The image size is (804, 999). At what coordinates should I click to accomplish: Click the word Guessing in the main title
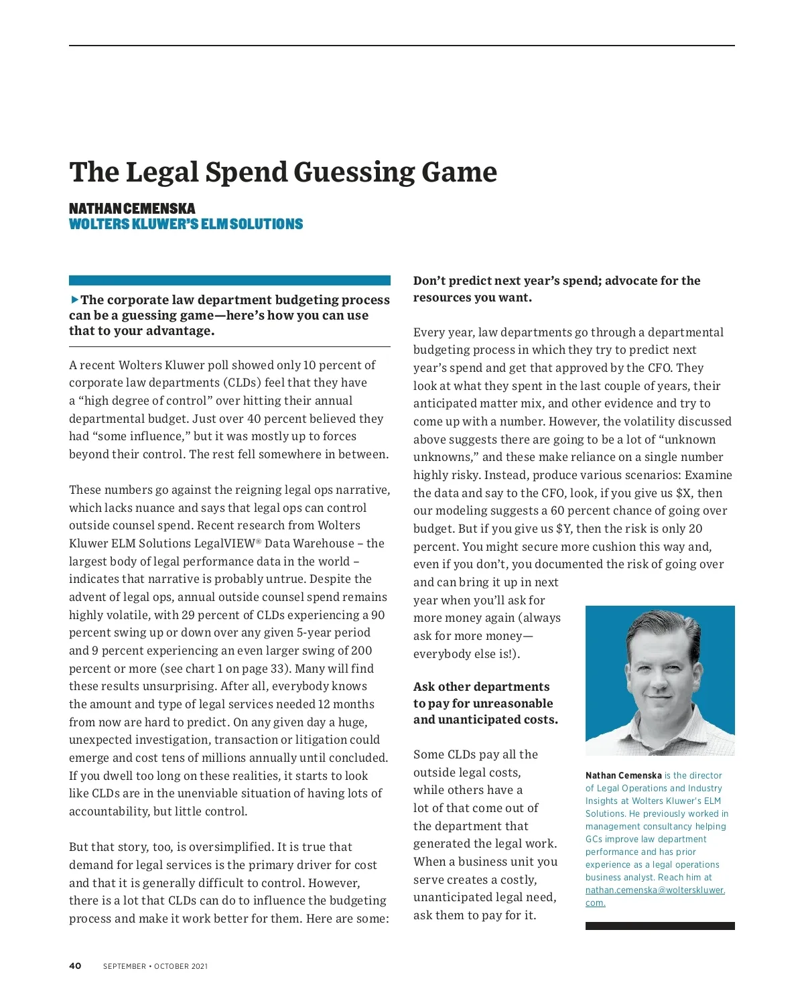tap(354, 173)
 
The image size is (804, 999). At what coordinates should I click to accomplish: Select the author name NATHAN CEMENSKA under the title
tap(132, 208)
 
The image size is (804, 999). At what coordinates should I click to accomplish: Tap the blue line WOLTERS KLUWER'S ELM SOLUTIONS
tap(186, 224)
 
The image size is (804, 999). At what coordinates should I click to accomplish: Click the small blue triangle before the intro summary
tap(74, 299)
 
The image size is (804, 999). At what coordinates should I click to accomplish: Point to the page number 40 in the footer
tap(75, 965)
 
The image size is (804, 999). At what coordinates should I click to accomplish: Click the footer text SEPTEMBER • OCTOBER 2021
tap(155, 966)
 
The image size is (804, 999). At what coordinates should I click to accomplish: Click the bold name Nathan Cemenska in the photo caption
tap(623, 775)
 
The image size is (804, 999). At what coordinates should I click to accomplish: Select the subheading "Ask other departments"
tap(481, 687)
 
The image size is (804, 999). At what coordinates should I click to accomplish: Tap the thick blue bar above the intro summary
tap(229, 280)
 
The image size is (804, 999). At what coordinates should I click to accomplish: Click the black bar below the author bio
tap(659, 926)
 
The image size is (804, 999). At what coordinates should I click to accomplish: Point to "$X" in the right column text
tap(683, 493)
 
